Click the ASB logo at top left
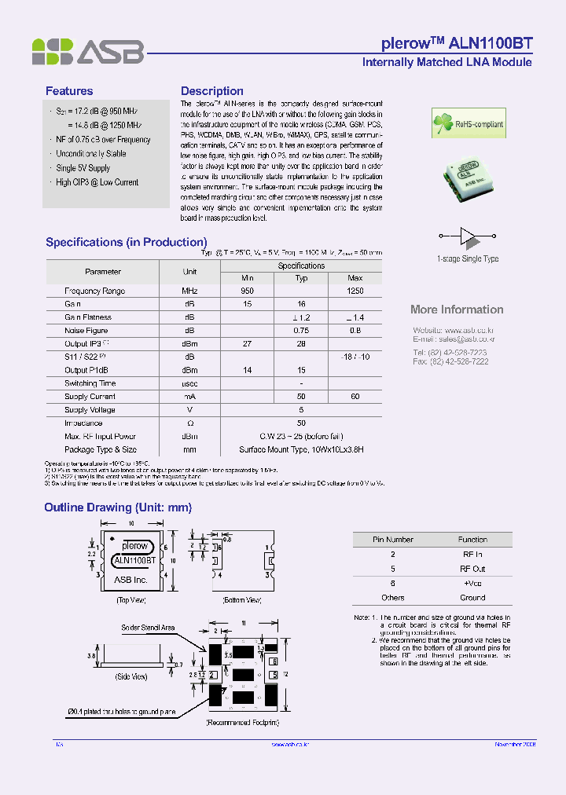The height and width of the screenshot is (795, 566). (x=87, y=52)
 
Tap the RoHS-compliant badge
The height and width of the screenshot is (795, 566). (x=466, y=123)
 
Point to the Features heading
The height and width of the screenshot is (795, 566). (x=69, y=91)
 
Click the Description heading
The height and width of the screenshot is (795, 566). (x=211, y=91)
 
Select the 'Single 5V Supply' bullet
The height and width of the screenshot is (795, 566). (x=83, y=168)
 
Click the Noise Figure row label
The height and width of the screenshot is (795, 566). (x=86, y=331)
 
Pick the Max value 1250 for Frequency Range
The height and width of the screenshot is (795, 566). (x=355, y=291)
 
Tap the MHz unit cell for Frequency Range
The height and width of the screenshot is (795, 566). (x=189, y=291)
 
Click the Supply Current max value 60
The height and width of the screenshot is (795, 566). (x=355, y=397)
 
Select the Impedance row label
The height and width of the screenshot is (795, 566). (x=83, y=423)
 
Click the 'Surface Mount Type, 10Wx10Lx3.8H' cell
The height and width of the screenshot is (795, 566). (x=301, y=450)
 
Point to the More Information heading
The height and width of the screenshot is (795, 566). (x=457, y=310)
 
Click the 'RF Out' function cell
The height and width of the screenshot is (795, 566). (x=472, y=569)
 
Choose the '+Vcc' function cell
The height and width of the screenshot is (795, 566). (x=472, y=583)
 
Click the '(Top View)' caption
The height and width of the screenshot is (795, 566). (x=132, y=600)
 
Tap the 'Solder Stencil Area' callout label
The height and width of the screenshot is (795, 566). (x=148, y=628)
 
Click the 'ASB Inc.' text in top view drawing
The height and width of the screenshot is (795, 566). (x=130, y=580)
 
